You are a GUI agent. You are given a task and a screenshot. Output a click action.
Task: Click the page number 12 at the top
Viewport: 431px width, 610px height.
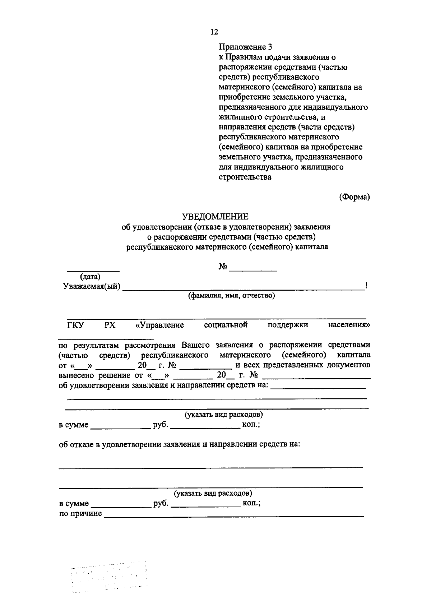pyautogui.click(x=214, y=32)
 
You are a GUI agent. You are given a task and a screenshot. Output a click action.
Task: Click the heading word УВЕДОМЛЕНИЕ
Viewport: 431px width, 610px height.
pyautogui.click(x=215, y=217)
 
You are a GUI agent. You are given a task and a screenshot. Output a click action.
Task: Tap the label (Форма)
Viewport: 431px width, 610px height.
pyautogui.click(x=354, y=197)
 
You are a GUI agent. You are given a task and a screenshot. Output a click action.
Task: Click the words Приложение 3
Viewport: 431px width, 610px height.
pyautogui.click(x=246, y=47)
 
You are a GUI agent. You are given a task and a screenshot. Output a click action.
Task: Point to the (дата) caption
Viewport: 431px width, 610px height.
pyautogui.click(x=90, y=277)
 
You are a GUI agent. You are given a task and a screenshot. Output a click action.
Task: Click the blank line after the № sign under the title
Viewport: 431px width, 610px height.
pyautogui.click(x=253, y=269)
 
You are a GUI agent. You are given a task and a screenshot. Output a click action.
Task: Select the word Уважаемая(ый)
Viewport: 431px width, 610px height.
pyautogui.click(x=92, y=287)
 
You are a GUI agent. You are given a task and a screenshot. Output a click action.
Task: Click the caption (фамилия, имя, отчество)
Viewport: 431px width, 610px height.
pyautogui.click(x=232, y=296)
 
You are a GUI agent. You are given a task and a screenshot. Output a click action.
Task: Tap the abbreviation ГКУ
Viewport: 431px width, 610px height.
pyautogui.click(x=75, y=325)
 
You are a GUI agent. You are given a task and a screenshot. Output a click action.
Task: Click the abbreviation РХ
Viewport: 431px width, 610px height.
pyautogui.click(x=110, y=325)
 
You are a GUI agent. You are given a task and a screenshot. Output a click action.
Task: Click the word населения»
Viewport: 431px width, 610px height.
pyautogui.click(x=349, y=325)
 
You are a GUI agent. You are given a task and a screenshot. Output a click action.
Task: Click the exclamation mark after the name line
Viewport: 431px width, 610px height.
pyautogui.click(x=366, y=286)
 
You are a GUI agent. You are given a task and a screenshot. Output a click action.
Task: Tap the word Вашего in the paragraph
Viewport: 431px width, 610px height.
pyautogui.click(x=195, y=345)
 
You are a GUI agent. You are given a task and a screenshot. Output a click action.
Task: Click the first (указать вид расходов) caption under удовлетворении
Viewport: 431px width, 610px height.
pyautogui.click(x=223, y=415)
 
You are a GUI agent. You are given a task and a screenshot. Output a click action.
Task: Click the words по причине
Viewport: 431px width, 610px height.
pyautogui.click(x=80, y=513)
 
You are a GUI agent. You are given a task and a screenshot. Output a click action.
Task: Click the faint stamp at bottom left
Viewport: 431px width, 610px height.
pyautogui.click(x=110, y=577)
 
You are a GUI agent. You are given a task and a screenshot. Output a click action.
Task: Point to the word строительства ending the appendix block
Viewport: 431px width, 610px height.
pyautogui.click(x=245, y=177)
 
